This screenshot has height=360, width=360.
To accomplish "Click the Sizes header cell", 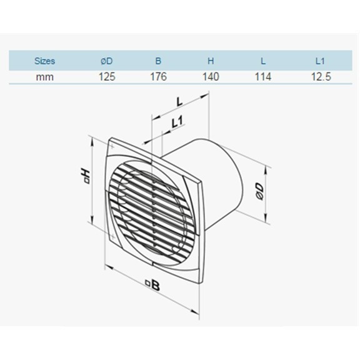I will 44,61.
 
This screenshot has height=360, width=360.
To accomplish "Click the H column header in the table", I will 211,61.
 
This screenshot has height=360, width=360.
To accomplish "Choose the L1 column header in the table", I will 320,61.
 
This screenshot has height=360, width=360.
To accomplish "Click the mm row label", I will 44,77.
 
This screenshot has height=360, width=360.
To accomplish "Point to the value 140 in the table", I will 211,77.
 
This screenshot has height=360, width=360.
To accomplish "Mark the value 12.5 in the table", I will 320,77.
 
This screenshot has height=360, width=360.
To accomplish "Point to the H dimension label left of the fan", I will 86,176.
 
